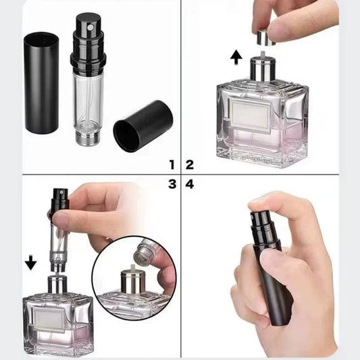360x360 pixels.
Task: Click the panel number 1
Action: click(172, 164)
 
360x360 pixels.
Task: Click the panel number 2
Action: click(190, 164)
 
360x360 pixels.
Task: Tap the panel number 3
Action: click(172, 184)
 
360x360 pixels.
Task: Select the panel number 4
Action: click(190, 184)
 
